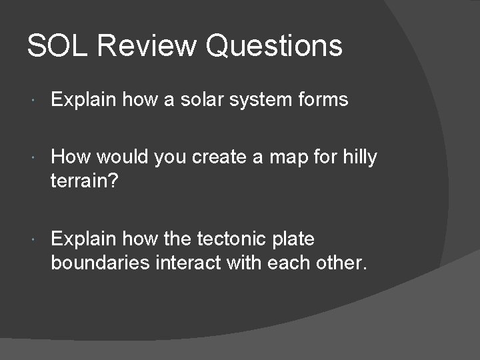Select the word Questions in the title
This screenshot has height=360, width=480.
(x=274, y=46)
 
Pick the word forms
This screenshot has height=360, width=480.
(x=325, y=100)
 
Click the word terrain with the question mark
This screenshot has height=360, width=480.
(x=82, y=181)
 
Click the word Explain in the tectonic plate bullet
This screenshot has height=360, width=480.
(x=83, y=239)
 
